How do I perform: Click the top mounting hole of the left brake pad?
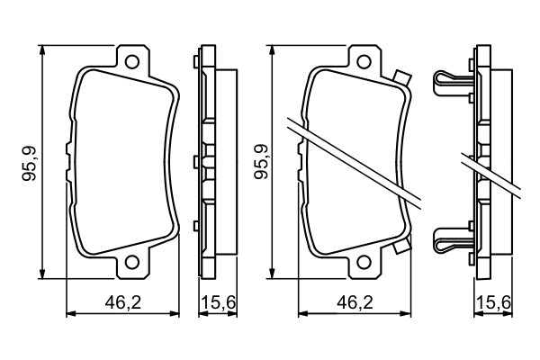(x=133, y=62)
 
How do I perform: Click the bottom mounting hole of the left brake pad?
(x=133, y=263)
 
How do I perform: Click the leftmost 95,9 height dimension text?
(x=30, y=162)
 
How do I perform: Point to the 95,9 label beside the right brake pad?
(x=260, y=162)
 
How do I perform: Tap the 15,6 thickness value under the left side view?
(x=216, y=304)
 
